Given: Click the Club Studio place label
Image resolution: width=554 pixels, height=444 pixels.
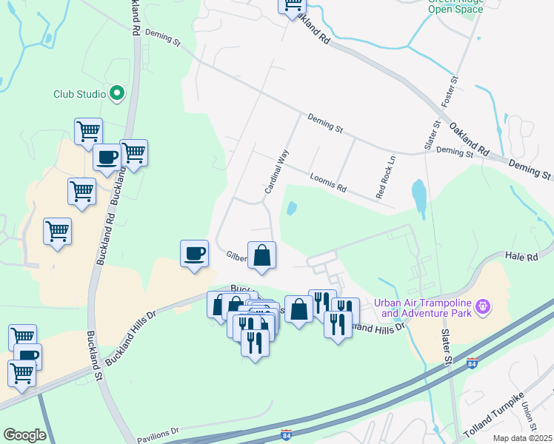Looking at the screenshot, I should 78,94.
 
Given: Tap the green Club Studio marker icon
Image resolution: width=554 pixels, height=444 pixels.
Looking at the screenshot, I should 116,93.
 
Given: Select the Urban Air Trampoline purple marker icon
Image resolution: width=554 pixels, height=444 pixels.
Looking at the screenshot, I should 483,306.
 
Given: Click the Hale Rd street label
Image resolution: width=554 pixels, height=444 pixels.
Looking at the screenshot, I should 521,255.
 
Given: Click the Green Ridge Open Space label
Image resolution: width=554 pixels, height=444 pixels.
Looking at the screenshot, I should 456,6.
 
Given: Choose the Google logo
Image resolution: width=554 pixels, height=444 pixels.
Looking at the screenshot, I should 24,435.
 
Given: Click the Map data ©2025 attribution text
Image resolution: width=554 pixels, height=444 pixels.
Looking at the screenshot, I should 523,438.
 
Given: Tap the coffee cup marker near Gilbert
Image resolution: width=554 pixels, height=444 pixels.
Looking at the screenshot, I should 195,254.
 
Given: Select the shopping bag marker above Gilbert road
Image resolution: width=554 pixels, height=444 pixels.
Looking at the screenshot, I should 261,256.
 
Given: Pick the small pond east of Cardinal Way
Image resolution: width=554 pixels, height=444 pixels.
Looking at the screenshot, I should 291,208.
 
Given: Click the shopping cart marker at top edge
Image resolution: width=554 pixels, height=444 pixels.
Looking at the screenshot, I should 291,4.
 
